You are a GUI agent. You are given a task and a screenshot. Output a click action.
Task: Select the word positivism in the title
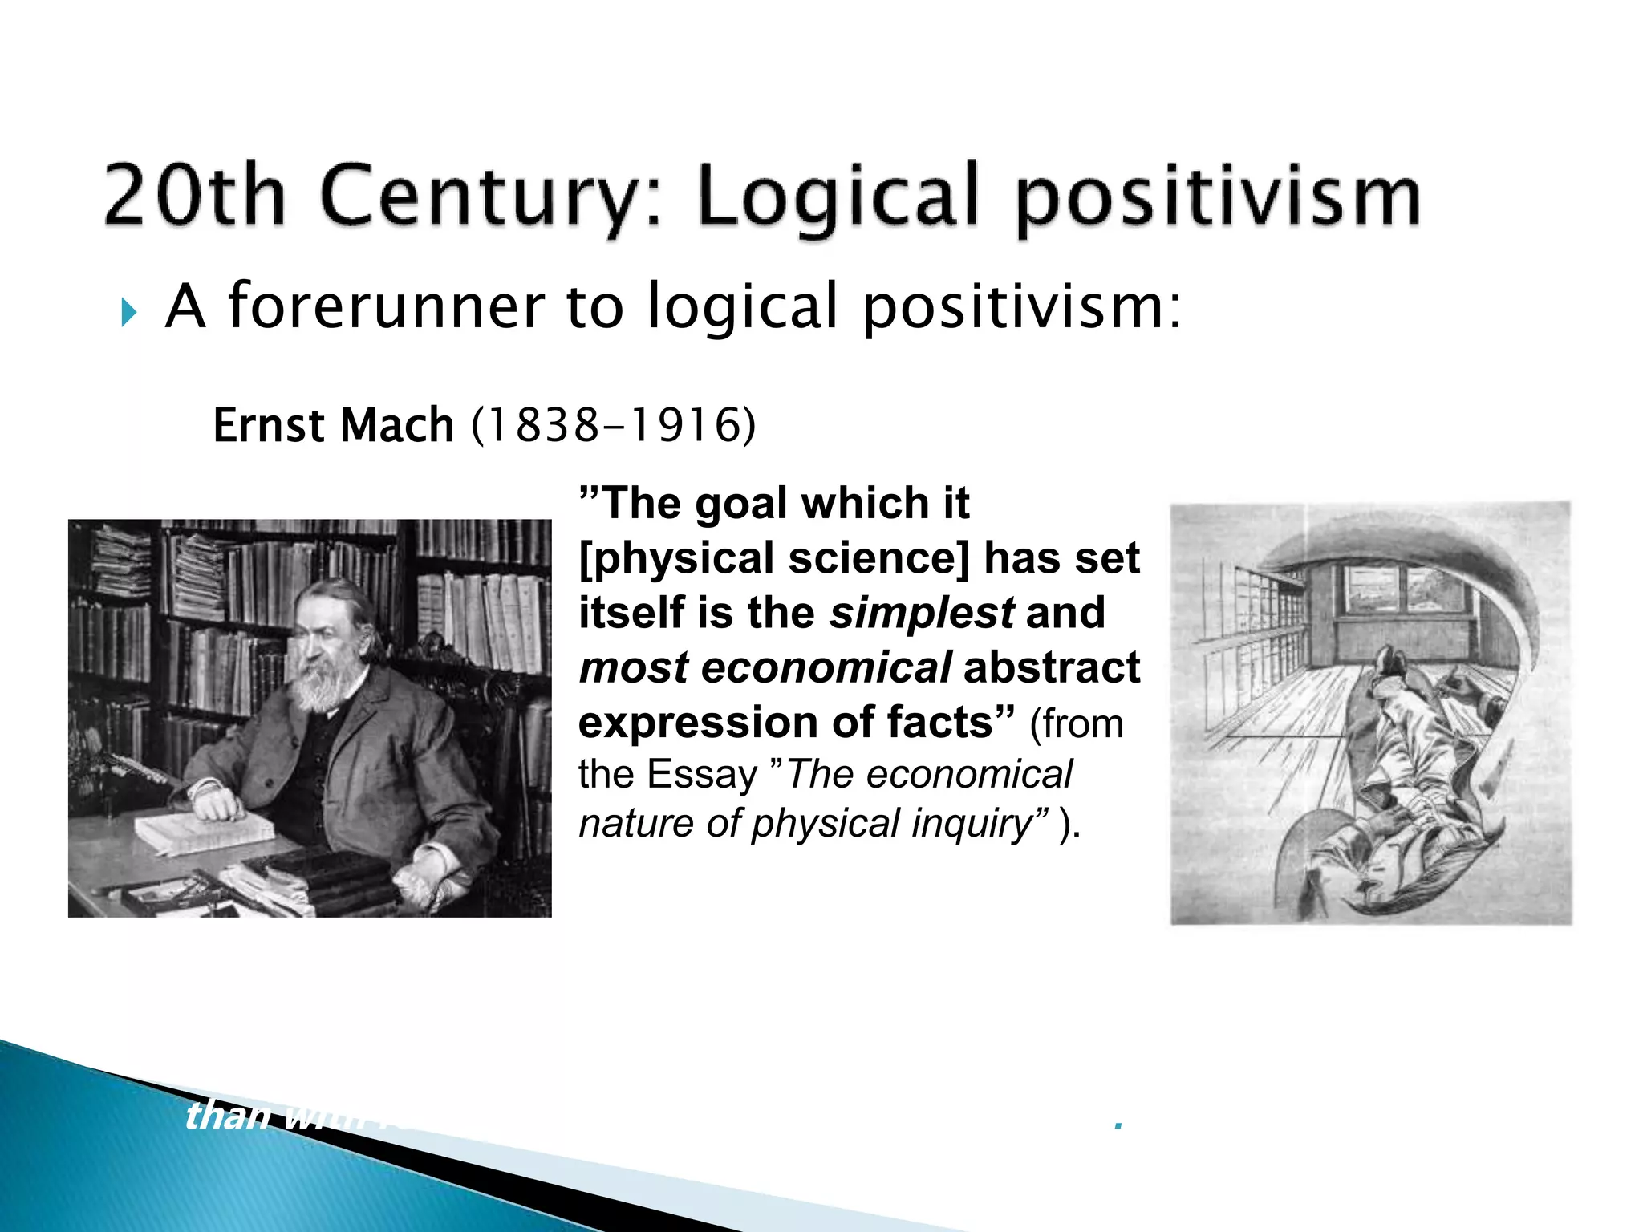click(x=1218, y=199)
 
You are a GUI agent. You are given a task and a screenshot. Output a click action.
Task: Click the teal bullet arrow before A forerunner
click(x=128, y=312)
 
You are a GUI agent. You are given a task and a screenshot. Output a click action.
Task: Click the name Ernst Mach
click(x=333, y=425)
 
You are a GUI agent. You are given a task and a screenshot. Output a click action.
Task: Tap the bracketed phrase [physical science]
click(x=774, y=558)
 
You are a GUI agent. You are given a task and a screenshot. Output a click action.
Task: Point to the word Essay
click(x=702, y=775)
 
